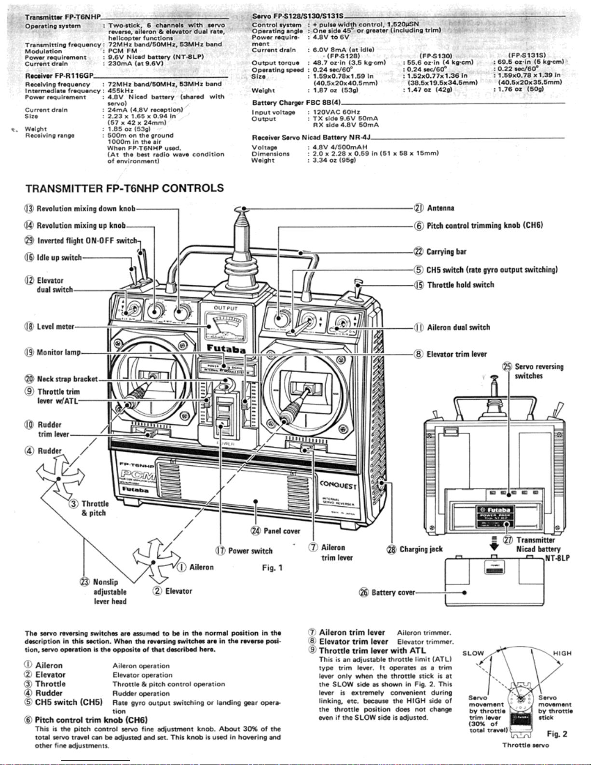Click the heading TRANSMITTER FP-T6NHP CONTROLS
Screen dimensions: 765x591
point(124,188)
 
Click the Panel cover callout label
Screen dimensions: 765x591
point(282,531)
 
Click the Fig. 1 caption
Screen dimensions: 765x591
point(272,568)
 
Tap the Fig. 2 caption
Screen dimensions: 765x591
point(557,734)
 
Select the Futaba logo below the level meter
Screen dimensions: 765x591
point(226,348)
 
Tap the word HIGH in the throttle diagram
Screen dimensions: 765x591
point(562,654)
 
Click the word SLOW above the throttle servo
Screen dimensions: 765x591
point(473,654)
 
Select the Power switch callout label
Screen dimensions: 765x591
point(250,551)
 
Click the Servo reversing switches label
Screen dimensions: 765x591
point(538,371)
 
